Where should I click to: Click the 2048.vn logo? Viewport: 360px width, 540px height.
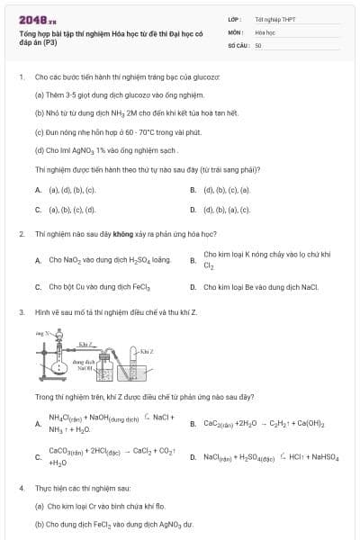37,18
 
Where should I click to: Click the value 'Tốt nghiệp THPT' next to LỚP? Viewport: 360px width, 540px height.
274,18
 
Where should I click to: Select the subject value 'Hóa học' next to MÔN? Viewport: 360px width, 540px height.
265,31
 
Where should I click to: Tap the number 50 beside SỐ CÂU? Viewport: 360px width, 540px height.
258,45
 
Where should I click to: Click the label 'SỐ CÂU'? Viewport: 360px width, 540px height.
238,45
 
